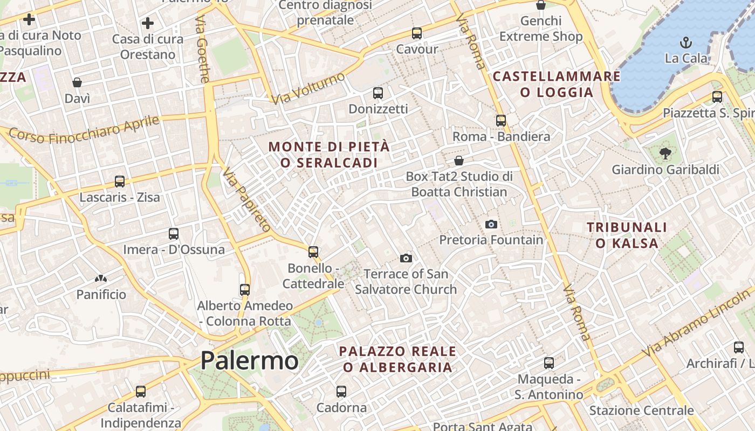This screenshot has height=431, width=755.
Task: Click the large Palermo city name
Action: [249, 360]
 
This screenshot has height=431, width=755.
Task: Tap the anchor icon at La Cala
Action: [686, 43]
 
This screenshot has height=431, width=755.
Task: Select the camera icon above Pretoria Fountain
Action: [491, 224]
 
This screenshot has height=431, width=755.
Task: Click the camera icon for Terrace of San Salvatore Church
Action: [406, 259]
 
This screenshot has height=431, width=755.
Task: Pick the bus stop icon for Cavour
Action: [417, 33]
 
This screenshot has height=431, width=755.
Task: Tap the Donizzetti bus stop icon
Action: [378, 93]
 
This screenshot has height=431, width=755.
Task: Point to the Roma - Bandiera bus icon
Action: [501, 121]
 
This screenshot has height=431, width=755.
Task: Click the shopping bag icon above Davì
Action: [77, 82]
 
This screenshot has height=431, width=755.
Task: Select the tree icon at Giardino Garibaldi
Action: [665, 154]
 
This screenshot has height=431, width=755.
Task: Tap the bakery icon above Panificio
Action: [100, 279]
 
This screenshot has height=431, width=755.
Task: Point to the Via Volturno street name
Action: [308, 88]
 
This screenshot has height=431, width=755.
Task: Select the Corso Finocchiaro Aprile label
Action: [85, 130]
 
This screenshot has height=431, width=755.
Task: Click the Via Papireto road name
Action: [246, 199]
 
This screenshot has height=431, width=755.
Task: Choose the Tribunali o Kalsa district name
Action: [627, 235]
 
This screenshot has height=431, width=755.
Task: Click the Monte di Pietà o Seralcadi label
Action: [328, 154]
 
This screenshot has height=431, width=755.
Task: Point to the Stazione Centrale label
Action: [641, 411]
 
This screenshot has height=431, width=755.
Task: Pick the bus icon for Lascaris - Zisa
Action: [120, 182]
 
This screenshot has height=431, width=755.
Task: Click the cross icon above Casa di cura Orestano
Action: [147, 23]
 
